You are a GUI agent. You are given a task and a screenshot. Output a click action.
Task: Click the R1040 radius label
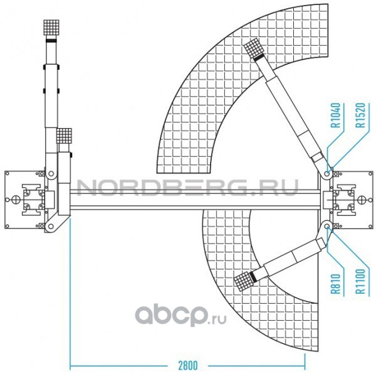(337, 115)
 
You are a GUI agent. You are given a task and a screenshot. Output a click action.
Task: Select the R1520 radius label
(361, 115)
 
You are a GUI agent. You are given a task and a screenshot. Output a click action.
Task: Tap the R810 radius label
(336, 284)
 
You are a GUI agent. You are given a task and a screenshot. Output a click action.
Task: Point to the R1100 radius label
(360, 281)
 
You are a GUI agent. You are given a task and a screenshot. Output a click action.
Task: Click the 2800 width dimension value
(188, 365)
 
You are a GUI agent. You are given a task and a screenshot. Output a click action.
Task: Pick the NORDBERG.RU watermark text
(187, 188)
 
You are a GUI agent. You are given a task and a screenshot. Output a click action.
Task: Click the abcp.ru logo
(180, 314)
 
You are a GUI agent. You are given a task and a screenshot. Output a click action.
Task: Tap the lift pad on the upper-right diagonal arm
(254, 48)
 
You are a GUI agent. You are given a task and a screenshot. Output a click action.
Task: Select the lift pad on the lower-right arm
(244, 281)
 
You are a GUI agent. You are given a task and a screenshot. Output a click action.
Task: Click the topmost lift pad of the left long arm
(51, 28)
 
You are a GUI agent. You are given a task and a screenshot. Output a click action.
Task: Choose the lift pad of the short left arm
(64, 136)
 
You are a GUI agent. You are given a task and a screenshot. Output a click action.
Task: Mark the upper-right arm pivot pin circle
(326, 173)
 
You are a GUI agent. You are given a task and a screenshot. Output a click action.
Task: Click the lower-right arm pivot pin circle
(326, 227)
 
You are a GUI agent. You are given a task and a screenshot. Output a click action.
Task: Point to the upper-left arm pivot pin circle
(51, 173)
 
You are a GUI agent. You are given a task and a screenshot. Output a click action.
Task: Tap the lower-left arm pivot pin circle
(51, 226)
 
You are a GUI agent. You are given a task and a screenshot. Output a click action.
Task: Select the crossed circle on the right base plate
(361, 200)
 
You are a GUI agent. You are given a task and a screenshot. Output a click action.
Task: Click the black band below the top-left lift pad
(51, 41)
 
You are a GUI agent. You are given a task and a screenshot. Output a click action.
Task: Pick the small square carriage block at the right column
(328, 200)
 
